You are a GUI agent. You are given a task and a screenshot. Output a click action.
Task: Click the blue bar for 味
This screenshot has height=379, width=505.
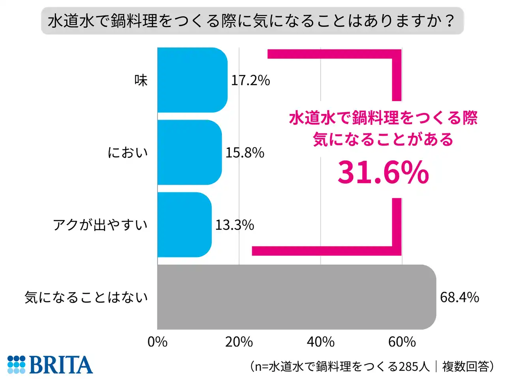tap(193, 80)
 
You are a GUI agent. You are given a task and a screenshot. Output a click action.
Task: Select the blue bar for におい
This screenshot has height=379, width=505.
tap(190, 152)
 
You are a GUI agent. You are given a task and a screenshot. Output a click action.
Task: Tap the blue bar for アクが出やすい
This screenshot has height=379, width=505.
tap(185, 225)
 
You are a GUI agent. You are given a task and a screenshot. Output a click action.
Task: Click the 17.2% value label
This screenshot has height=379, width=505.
tap(251, 81)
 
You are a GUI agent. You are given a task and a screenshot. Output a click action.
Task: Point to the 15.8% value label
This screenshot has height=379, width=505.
tap(245, 153)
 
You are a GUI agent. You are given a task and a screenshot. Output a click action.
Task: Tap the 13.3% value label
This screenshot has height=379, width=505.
tap(234, 225)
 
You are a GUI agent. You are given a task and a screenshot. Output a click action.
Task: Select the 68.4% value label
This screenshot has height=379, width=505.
tap(459, 297)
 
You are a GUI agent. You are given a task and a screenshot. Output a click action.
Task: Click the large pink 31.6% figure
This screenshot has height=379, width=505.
tap(383, 173)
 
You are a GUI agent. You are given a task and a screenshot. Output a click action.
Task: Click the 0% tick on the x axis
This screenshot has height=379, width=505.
tap(157, 342)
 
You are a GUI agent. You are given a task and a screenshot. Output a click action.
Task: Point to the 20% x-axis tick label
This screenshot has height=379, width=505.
tap(239, 342)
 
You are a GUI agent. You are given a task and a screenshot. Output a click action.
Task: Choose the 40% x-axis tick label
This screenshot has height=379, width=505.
tap(320, 342)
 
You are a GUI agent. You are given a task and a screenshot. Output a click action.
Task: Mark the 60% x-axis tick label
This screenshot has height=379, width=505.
tap(402, 342)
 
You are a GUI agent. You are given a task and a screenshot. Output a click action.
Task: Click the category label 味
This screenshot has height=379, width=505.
tap(141, 81)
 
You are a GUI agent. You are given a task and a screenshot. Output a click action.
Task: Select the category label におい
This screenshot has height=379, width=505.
tap(127, 153)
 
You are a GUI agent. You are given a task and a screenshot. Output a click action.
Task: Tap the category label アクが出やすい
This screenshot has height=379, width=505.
tap(100, 225)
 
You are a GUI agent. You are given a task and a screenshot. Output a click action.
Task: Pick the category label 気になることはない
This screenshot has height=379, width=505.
tap(86, 297)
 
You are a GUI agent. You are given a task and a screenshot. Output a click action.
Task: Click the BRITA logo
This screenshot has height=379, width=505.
tap(50, 364)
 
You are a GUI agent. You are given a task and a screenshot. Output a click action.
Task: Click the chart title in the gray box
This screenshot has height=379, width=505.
tap(252, 21)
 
